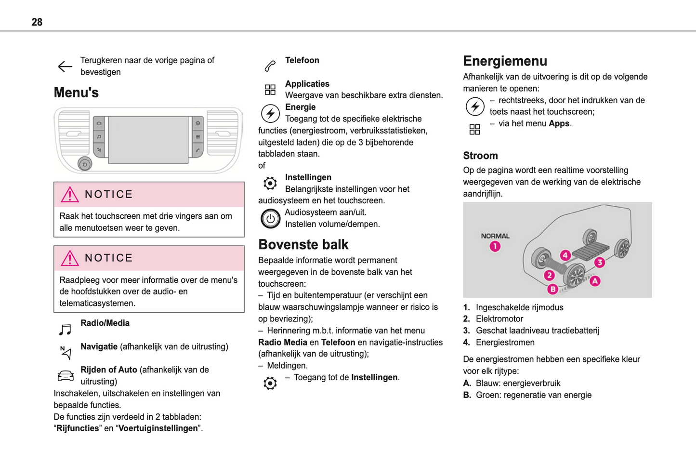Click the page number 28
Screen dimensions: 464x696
(x=37, y=22)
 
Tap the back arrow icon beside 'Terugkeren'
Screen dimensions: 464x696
(x=65, y=66)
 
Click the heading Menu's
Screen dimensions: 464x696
(x=76, y=93)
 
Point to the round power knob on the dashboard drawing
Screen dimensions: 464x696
(x=85, y=164)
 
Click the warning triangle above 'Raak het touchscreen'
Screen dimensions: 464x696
(x=70, y=194)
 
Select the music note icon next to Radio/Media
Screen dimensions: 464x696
(x=65, y=330)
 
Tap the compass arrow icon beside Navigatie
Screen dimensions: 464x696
(x=66, y=353)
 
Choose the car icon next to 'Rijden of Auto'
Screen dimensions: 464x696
(x=66, y=376)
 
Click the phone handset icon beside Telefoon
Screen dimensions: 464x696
(x=270, y=66)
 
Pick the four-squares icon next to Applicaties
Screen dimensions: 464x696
(x=270, y=90)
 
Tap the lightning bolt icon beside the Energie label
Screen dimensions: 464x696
(x=270, y=114)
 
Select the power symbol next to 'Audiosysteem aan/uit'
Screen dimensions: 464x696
(x=270, y=219)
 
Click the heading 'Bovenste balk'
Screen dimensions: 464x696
(x=303, y=245)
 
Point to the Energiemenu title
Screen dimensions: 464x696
(x=505, y=61)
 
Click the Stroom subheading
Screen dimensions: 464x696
(x=480, y=156)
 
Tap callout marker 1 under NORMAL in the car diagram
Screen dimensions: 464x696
(x=495, y=247)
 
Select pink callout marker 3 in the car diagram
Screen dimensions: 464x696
(x=600, y=263)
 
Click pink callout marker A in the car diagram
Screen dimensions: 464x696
(x=595, y=281)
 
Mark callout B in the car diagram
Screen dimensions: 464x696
(x=552, y=289)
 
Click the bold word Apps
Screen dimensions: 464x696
(x=559, y=124)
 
